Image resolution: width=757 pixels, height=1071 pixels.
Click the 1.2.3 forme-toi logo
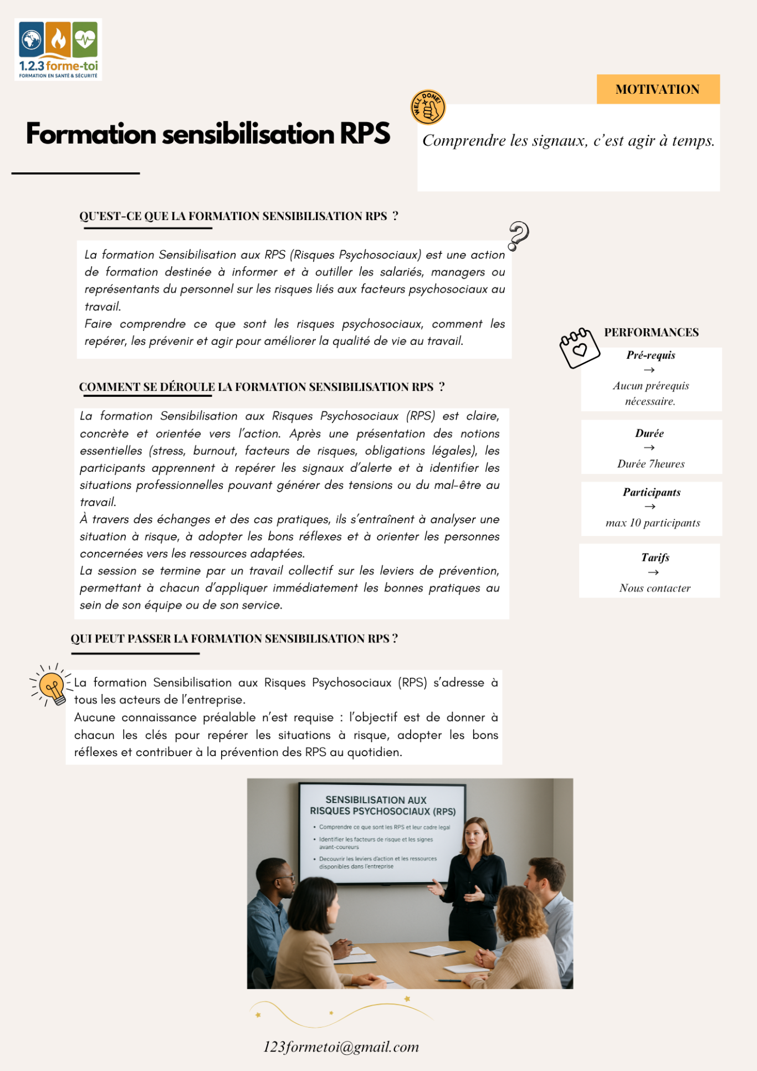58,49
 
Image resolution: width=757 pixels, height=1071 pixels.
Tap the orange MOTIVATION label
658,89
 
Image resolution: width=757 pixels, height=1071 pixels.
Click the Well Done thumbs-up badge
428,107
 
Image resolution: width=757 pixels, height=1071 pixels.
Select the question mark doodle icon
518,236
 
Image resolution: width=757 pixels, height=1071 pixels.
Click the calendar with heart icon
579,348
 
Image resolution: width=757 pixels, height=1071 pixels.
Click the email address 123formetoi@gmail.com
341,1047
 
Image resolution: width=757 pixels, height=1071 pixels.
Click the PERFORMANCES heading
651,333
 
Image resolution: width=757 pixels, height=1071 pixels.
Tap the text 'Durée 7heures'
651,464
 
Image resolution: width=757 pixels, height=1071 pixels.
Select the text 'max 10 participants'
652,523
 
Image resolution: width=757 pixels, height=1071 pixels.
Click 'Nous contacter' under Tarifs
654,588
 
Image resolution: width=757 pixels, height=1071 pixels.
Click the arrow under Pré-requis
649,370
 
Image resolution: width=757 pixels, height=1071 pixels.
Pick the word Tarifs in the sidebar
655,558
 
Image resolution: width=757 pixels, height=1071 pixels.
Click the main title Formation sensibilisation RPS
208,134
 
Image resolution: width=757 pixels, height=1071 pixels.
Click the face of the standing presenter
475,834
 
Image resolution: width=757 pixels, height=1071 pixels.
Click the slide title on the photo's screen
382,805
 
